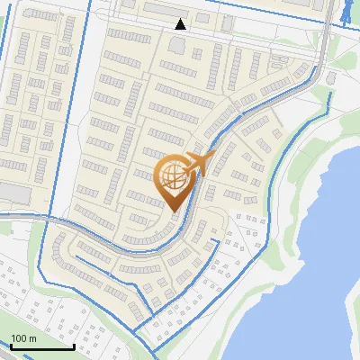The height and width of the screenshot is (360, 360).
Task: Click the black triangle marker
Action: [181, 24]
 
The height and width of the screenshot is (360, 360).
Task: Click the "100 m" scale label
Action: [23, 338]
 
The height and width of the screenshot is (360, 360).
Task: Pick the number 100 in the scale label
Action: [19, 338]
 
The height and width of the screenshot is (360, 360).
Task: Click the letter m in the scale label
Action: [32, 338]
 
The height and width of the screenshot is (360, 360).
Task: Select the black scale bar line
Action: [42, 346]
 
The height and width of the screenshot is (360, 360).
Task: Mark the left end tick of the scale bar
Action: [12, 345]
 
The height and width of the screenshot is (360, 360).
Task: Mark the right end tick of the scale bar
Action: [74, 345]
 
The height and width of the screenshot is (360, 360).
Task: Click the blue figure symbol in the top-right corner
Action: [346, 11]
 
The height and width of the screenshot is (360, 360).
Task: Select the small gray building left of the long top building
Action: [128, 5]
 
